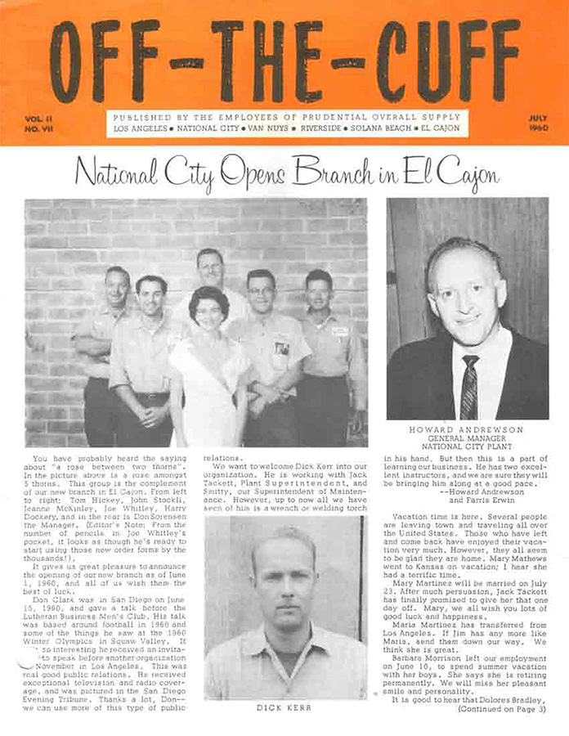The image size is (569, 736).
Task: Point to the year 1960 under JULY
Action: (x=537, y=129)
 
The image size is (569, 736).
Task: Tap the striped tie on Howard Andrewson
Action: (x=469, y=386)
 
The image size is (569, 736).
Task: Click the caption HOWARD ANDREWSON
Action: (x=466, y=429)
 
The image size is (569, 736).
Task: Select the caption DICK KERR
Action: (x=283, y=707)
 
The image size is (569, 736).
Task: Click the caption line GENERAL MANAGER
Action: (x=466, y=438)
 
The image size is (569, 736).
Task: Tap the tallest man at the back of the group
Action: (x=210, y=270)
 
